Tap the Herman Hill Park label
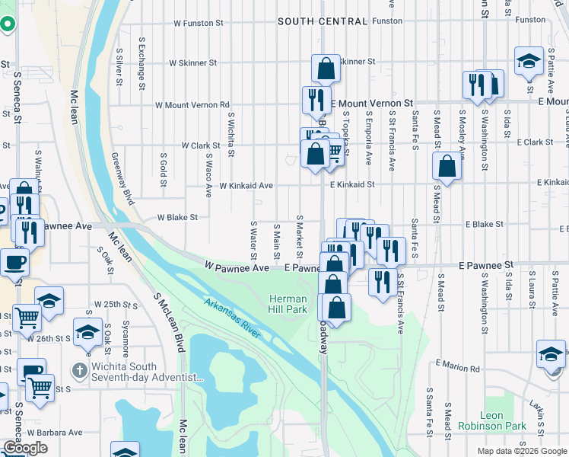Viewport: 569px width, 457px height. tap(288, 305)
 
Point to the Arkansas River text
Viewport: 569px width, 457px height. tap(233, 318)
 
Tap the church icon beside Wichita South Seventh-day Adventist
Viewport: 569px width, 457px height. tap(78, 370)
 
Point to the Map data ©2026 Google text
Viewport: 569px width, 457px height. tap(521, 451)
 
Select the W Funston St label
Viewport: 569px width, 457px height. tap(198, 24)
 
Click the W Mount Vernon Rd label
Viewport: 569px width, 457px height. tap(192, 105)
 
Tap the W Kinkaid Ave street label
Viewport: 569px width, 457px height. tap(246, 185)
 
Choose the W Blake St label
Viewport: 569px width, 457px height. tap(177, 217)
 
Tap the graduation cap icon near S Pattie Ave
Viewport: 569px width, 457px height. tap(529, 62)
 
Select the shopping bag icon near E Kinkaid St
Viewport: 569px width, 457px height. tap(447, 166)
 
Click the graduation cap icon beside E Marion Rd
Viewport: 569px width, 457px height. tap(551, 353)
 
